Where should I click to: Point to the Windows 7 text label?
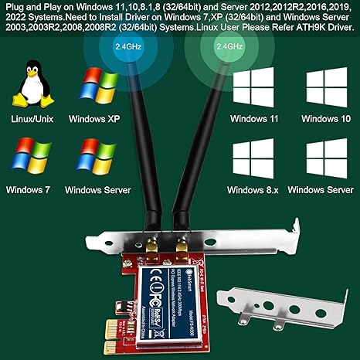point(29,188)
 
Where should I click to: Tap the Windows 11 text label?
point(257,119)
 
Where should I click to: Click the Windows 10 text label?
point(325,119)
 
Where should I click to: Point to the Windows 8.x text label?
point(257,189)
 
